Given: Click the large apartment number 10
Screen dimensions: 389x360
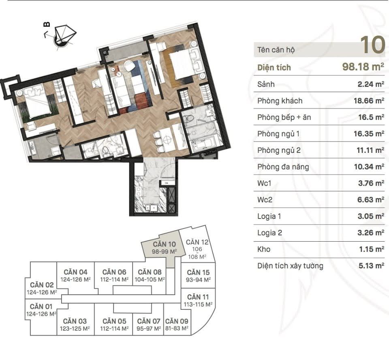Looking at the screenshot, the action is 372,45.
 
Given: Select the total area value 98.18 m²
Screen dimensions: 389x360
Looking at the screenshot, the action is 363,67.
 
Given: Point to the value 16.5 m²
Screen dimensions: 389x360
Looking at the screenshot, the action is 371,117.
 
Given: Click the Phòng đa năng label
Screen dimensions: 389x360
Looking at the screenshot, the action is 283,167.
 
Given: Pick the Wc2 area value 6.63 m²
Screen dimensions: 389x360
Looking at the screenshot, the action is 371,199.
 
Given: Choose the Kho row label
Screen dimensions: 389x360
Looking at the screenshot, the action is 264,249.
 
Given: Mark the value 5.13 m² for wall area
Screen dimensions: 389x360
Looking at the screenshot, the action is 372,266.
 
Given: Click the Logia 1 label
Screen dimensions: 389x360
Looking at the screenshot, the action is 269,216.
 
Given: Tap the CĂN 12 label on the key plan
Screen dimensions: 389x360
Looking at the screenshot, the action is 197,242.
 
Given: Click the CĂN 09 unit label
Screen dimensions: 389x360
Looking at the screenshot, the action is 177,321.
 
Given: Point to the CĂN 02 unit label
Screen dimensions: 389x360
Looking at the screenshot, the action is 42,285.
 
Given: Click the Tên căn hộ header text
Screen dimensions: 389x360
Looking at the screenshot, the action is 276,50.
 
